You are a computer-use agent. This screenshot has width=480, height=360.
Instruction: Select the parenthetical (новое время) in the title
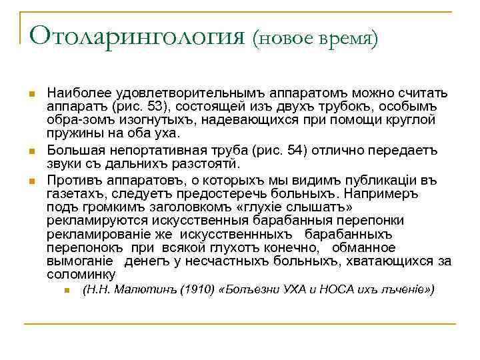point(315,38)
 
